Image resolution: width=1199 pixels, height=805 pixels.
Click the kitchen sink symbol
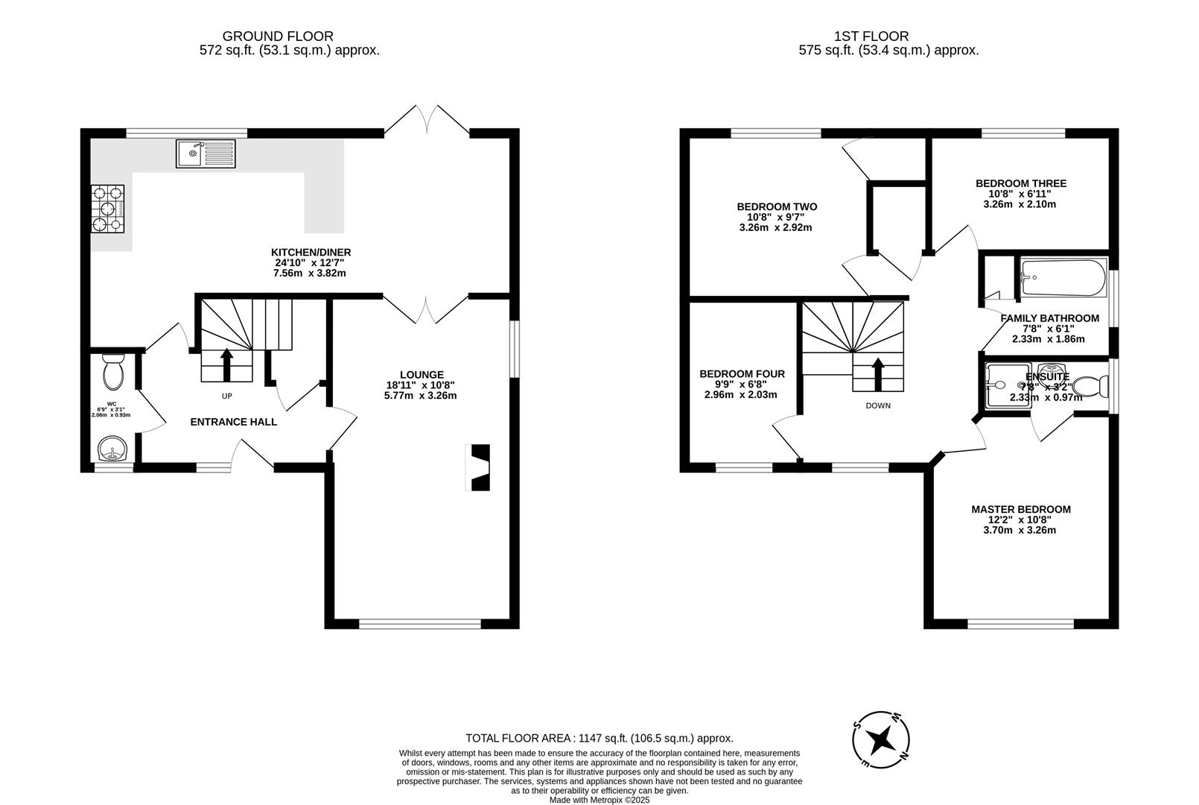click(206, 154)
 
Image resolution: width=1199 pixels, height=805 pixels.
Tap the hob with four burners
click(108, 209)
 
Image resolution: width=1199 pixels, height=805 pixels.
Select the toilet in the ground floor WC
click(113, 373)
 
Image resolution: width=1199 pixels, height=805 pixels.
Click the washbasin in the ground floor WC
click(112, 449)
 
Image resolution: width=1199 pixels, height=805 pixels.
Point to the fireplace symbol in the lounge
click(479, 467)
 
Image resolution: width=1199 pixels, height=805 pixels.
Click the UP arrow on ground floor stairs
click(227, 365)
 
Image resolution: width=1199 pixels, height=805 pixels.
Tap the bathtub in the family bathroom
click(1063, 280)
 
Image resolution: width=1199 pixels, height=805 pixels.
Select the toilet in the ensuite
click(1093, 387)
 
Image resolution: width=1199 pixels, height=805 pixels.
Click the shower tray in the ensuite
click(1008, 386)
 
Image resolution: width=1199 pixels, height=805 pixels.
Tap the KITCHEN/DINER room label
click(311, 252)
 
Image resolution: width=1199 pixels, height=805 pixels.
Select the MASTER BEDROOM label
click(1020, 510)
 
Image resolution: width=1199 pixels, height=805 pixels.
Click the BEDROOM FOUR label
click(742, 374)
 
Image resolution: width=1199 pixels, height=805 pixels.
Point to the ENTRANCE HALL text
click(233, 422)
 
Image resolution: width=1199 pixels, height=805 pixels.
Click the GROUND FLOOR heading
click(278, 36)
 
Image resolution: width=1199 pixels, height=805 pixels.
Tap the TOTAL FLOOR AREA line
click(599, 738)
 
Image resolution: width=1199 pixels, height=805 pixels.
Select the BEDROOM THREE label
click(1020, 183)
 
